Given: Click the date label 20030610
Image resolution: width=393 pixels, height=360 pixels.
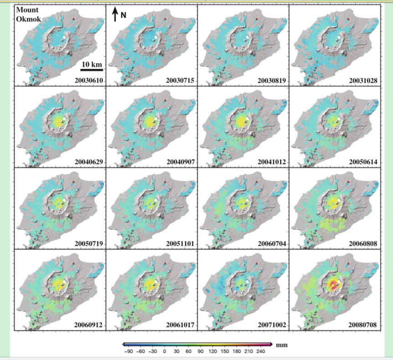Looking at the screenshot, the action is pyautogui.click(x=89, y=81).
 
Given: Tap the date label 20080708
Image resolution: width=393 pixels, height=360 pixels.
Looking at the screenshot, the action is pyautogui.click(x=362, y=325).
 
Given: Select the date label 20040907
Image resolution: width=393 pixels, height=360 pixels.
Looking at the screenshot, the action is pyautogui.click(x=180, y=162).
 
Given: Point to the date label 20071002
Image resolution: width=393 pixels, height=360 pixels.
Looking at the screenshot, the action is pyautogui.click(x=272, y=325).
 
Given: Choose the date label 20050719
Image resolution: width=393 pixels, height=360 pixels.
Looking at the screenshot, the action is pyautogui.click(x=89, y=243).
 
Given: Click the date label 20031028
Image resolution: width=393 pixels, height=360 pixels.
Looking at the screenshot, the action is pyautogui.click(x=363, y=81).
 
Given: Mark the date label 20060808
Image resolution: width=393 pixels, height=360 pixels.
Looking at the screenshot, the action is pyautogui.click(x=362, y=243).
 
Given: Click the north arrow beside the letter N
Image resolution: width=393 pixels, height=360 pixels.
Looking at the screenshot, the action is pyautogui.click(x=115, y=14).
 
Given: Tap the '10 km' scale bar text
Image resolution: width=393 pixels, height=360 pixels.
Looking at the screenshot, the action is pyautogui.click(x=92, y=64).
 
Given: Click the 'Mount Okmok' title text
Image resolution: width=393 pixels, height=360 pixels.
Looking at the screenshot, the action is pyautogui.click(x=28, y=14).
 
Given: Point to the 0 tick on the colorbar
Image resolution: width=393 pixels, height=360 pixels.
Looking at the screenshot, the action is pyautogui.click(x=164, y=351).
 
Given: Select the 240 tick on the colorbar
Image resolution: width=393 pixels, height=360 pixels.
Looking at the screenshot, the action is pyautogui.click(x=260, y=351).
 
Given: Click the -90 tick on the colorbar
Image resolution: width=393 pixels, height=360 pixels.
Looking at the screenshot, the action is pyautogui.click(x=128, y=351).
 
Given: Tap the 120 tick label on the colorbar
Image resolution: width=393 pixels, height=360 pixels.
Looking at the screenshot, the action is pyautogui.click(x=213, y=351).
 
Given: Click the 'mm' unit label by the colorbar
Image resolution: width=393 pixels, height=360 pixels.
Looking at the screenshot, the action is pyautogui.click(x=282, y=345).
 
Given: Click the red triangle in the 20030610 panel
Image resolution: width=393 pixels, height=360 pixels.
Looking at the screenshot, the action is pyautogui.click(x=74, y=19).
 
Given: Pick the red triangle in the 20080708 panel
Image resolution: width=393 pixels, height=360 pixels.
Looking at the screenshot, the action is pyautogui.click(x=348, y=264).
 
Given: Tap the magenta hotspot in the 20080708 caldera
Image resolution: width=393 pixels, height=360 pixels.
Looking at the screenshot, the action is pyautogui.click(x=333, y=284).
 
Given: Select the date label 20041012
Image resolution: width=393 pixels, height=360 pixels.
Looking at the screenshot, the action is pyautogui.click(x=272, y=162).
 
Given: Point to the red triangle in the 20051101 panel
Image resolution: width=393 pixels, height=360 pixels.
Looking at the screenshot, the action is pyautogui.click(x=165, y=182).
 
